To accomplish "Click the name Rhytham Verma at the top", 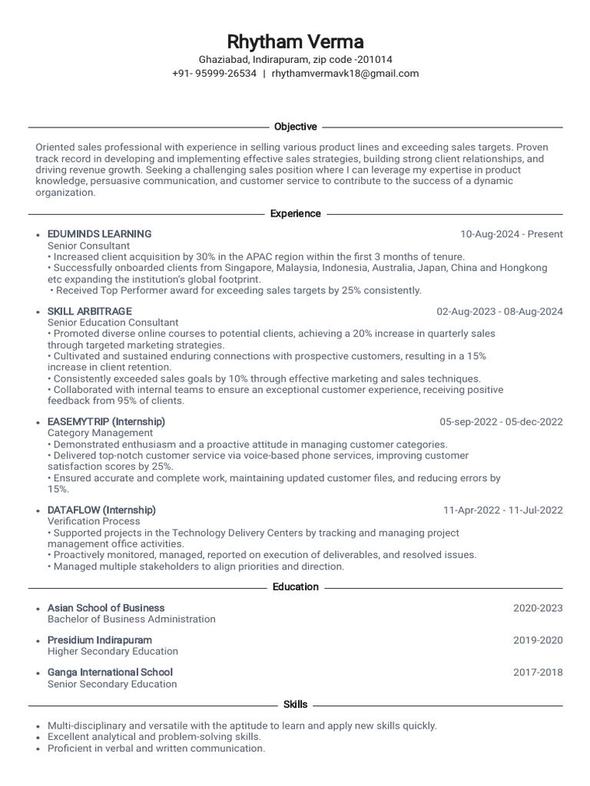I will pyautogui.click(x=295, y=41).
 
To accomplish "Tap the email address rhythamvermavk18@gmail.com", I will pyautogui.click(x=345, y=74).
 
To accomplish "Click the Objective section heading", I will pyautogui.click(x=295, y=127).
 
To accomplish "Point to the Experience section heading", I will pyautogui.click(x=295, y=213).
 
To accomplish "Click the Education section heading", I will pyautogui.click(x=295, y=586).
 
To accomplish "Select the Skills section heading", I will pyautogui.click(x=295, y=704).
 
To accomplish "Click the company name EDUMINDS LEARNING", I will pyautogui.click(x=99, y=234).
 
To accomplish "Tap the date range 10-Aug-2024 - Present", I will pyautogui.click(x=511, y=234).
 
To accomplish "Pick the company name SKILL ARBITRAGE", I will pyautogui.click(x=89, y=312).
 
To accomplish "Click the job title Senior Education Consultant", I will pyautogui.click(x=113, y=322).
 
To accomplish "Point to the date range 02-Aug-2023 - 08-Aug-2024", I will pyautogui.click(x=499, y=312).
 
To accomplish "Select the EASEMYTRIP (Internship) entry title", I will pyautogui.click(x=106, y=421).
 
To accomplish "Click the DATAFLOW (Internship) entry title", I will pyautogui.click(x=101, y=510).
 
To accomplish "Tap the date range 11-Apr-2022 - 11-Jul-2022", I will pyautogui.click(x=502, y=510).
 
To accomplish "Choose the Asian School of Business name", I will pyautogui.click(x=106, y=608).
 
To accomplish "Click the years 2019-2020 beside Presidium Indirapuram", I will pyautogui.click(x=538, y=640).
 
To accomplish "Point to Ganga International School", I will pyautogui.click(x=110, y=672).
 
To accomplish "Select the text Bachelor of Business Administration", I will pyautogui.click(x=131, y=619).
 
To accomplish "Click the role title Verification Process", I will pyautogui.click(x=94, y=520).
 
